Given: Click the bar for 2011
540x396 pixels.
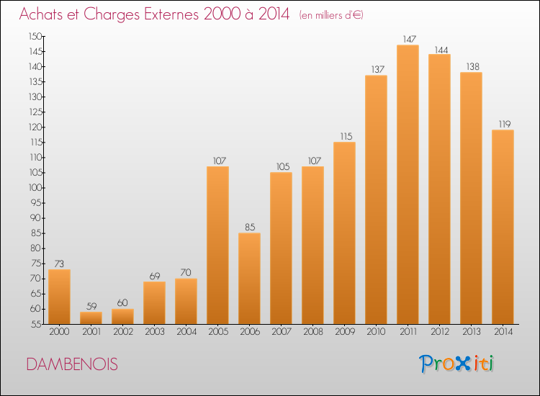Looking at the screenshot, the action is pyautogui.click(x=408, y=184).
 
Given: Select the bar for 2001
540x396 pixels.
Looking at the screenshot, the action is pyautogui.click(x=91, y=318).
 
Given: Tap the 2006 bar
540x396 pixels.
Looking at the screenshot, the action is pyautogui.click(x=249, y=279).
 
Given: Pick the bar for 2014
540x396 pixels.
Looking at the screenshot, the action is pyautogui.click(x=503, y=227).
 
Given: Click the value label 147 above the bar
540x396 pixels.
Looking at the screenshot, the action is pyautogui.click(x=410, y=40).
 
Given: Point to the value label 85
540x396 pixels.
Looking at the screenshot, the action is pyautogui.click(x=250, y=228).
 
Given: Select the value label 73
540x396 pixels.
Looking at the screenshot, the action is pyautogui.click(x=59, y=264).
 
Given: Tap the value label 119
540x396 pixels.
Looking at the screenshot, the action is pyautogui.click(x=505, y=125).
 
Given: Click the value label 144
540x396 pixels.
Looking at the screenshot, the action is pyautogui.click(x=441, y=50).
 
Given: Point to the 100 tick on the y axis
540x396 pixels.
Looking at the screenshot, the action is pyautogui.click(x=36, y=188).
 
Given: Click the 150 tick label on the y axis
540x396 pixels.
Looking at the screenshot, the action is pyautogui.click(x=35, y=36).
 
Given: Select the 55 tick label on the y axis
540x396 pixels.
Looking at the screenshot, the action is pyautogui.click(x=37, y=324).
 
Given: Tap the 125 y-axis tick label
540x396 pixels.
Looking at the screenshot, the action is pyautogui.click(x=36, y=112).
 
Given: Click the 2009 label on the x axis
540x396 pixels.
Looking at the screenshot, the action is pyautogui.click(x=345, y=332).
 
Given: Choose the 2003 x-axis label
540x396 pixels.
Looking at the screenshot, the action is pyautogui.click(x=155, y=332).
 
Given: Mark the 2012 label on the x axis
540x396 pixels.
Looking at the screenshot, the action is pyautogui.click(x=440, y=332).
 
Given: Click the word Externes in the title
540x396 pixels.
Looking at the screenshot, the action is pyautogui.click(x=171, y=14).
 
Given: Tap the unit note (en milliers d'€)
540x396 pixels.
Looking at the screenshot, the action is pyautogui.click(x=331, y=15).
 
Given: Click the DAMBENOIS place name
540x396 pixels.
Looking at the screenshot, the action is pyautogui.click(x=72, y=364).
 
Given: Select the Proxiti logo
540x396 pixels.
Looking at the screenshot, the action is pyautogui.click(x=456, y=364).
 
